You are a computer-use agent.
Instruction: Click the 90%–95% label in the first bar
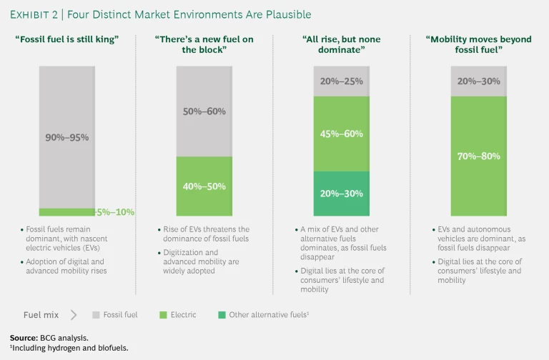tap(68, 137)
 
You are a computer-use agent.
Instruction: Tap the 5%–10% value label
tap(115, 212)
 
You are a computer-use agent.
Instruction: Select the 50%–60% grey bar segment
tap(204, 111)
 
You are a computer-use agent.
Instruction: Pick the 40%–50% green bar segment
tap(204, 186)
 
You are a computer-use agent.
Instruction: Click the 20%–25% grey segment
tap(341, 81)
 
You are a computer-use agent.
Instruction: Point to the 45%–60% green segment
tap(341, 134)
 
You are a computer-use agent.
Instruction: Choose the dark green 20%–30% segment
tap(341, 194)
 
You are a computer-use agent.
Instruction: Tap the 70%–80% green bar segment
tap(479, 156)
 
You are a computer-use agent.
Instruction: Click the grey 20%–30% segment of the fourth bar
tap(479, 81)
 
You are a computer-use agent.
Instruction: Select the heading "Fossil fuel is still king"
tap(68, 39)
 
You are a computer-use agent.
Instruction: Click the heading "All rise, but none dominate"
tap(341, 44)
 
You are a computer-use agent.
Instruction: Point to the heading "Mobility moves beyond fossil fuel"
tap(479, 44)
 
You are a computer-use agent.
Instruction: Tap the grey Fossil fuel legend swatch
tap(97, 314)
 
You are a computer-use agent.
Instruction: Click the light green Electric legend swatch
tap(164, 314)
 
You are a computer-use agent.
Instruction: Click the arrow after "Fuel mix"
tap(74, 314)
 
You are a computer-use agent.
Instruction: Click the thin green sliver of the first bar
tap(66, 212)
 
